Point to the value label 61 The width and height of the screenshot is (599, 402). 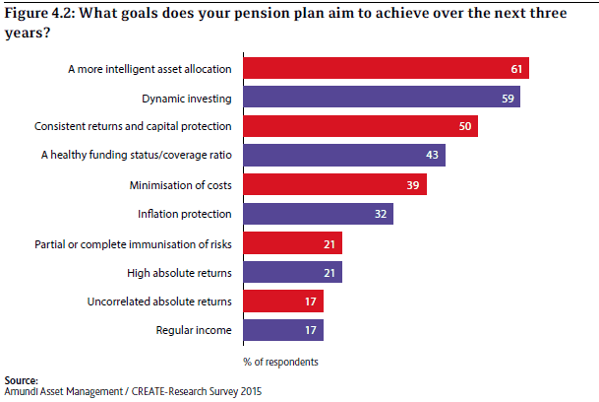[514, 69]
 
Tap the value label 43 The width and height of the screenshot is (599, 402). [431, 156]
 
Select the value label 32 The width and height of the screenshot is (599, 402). [379, 214]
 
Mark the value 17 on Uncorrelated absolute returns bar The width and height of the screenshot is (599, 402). [310, 301]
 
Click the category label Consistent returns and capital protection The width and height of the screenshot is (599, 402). [133, 127]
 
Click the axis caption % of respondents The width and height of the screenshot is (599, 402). [282, 362]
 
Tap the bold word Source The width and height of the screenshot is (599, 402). [21, 379]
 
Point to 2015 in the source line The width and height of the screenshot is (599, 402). [250, 391]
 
